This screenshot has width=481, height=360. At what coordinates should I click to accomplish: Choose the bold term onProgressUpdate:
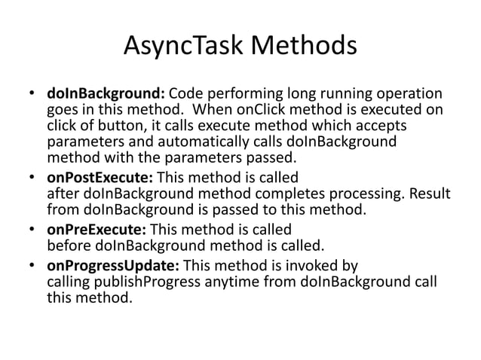(x=113, y=265)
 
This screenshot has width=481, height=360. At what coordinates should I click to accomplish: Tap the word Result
(x=430, y=194)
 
